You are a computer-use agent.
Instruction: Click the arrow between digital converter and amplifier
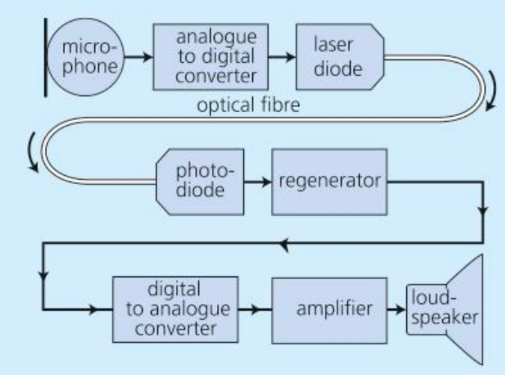255,306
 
